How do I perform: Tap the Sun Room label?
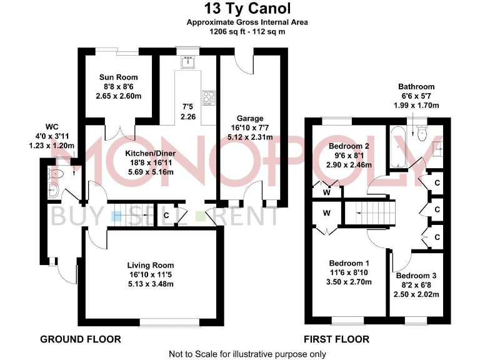[119, 77]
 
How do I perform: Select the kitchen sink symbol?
[187, 62]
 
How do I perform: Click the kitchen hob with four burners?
[207, 98]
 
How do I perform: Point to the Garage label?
[249, 118]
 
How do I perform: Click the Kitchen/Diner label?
[150, 153]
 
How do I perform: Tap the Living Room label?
[151, 265]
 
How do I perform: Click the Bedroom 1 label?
[350, 263]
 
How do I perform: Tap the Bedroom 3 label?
[416, 276]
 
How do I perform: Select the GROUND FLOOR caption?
[80, 339]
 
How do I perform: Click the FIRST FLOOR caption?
[336, 339]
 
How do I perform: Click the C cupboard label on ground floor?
[166, 216]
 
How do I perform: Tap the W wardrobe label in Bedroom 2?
[326, 192]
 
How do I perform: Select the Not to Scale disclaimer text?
[247, 354]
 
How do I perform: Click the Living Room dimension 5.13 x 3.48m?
[151, 284]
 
